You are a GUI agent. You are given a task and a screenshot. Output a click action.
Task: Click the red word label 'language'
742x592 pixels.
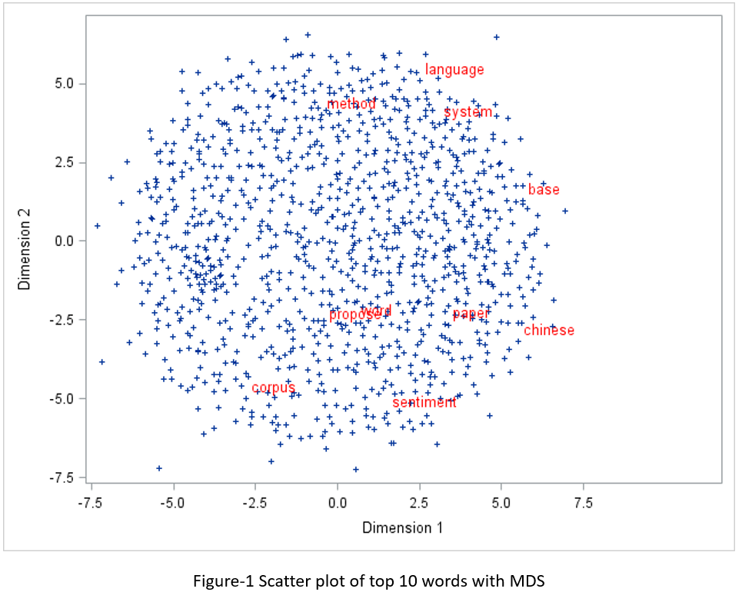[454, 70]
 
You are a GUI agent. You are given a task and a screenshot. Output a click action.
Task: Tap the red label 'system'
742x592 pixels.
[467, 112]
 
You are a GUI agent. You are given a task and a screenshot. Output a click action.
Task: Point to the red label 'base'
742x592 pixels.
[544, 190]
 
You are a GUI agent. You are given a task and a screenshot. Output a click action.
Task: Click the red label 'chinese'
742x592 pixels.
[549, 331]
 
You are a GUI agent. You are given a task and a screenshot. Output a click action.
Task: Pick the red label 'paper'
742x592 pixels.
[471, 314]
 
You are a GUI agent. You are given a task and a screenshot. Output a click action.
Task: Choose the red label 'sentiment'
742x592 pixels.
[424, 402]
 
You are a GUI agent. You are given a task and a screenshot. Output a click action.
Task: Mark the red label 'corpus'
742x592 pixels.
[273, 387]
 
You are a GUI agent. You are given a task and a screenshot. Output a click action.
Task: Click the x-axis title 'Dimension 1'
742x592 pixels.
[402, 527]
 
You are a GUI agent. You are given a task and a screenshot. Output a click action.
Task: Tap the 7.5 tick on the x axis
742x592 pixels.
[584, 503]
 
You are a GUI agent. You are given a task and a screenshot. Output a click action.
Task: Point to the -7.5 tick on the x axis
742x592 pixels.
[92, 503]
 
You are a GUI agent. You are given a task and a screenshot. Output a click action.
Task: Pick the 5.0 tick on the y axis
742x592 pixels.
[65, 83]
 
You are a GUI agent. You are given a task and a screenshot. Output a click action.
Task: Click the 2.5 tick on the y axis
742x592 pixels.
[65, 162]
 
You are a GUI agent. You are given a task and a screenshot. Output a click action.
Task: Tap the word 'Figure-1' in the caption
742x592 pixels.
[220, 580]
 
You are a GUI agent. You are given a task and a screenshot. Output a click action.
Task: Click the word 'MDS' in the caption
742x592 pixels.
[529, 580]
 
